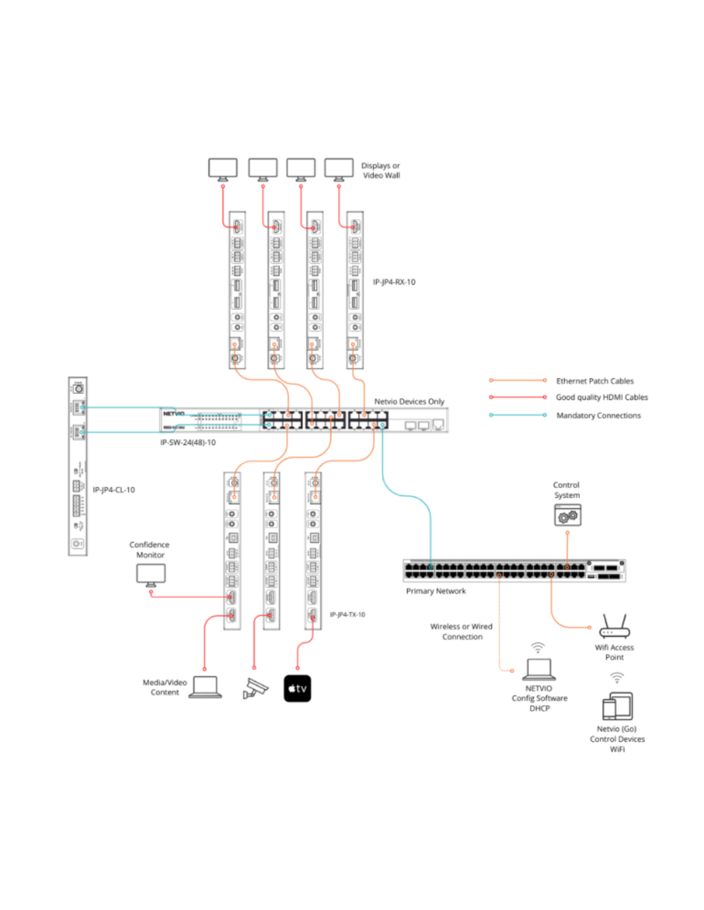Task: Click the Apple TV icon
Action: (297, 689)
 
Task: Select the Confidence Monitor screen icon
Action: (151, 574)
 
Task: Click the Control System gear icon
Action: (568, 515)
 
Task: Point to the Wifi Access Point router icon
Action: (614, 627)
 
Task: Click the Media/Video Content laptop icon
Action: (205, 687)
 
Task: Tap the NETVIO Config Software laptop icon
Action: (539, 669)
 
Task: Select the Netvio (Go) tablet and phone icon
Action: (617, 706)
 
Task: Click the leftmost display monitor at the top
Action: (223, 169)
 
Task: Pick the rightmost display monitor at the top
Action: (339, 169)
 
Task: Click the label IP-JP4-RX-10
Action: (394, 282)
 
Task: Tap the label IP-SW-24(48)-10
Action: (188, 442)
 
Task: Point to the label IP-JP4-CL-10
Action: (114, 490)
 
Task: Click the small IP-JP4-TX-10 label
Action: (348, 615)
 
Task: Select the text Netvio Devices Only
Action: (409, 401)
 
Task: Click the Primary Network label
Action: (436, 591)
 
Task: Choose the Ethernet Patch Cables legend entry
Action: (595, 381)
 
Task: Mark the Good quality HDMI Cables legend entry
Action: (602, 397)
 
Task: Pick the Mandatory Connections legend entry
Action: (598, 415)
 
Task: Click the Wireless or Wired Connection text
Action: (461, 632)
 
